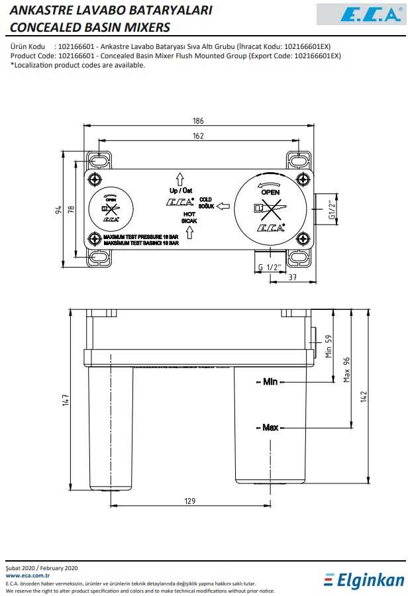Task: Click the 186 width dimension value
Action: pos(198,121)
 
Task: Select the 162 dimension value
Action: pos(198,136)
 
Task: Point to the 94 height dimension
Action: pos(58,210)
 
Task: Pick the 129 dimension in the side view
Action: pos(190,501)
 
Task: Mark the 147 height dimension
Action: pos(66,400)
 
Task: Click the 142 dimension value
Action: pos(363,395)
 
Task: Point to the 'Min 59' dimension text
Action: pos(328,346)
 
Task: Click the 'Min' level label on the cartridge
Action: pos(270,381)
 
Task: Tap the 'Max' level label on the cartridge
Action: pos(270,427)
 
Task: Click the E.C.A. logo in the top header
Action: pos(360,14)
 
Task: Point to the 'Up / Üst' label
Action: pos(181,191)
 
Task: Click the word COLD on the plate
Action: pos(205,199)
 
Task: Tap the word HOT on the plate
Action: pos(189,214)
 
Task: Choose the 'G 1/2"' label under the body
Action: pos(270,266)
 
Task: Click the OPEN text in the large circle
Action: pos(271,192)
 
